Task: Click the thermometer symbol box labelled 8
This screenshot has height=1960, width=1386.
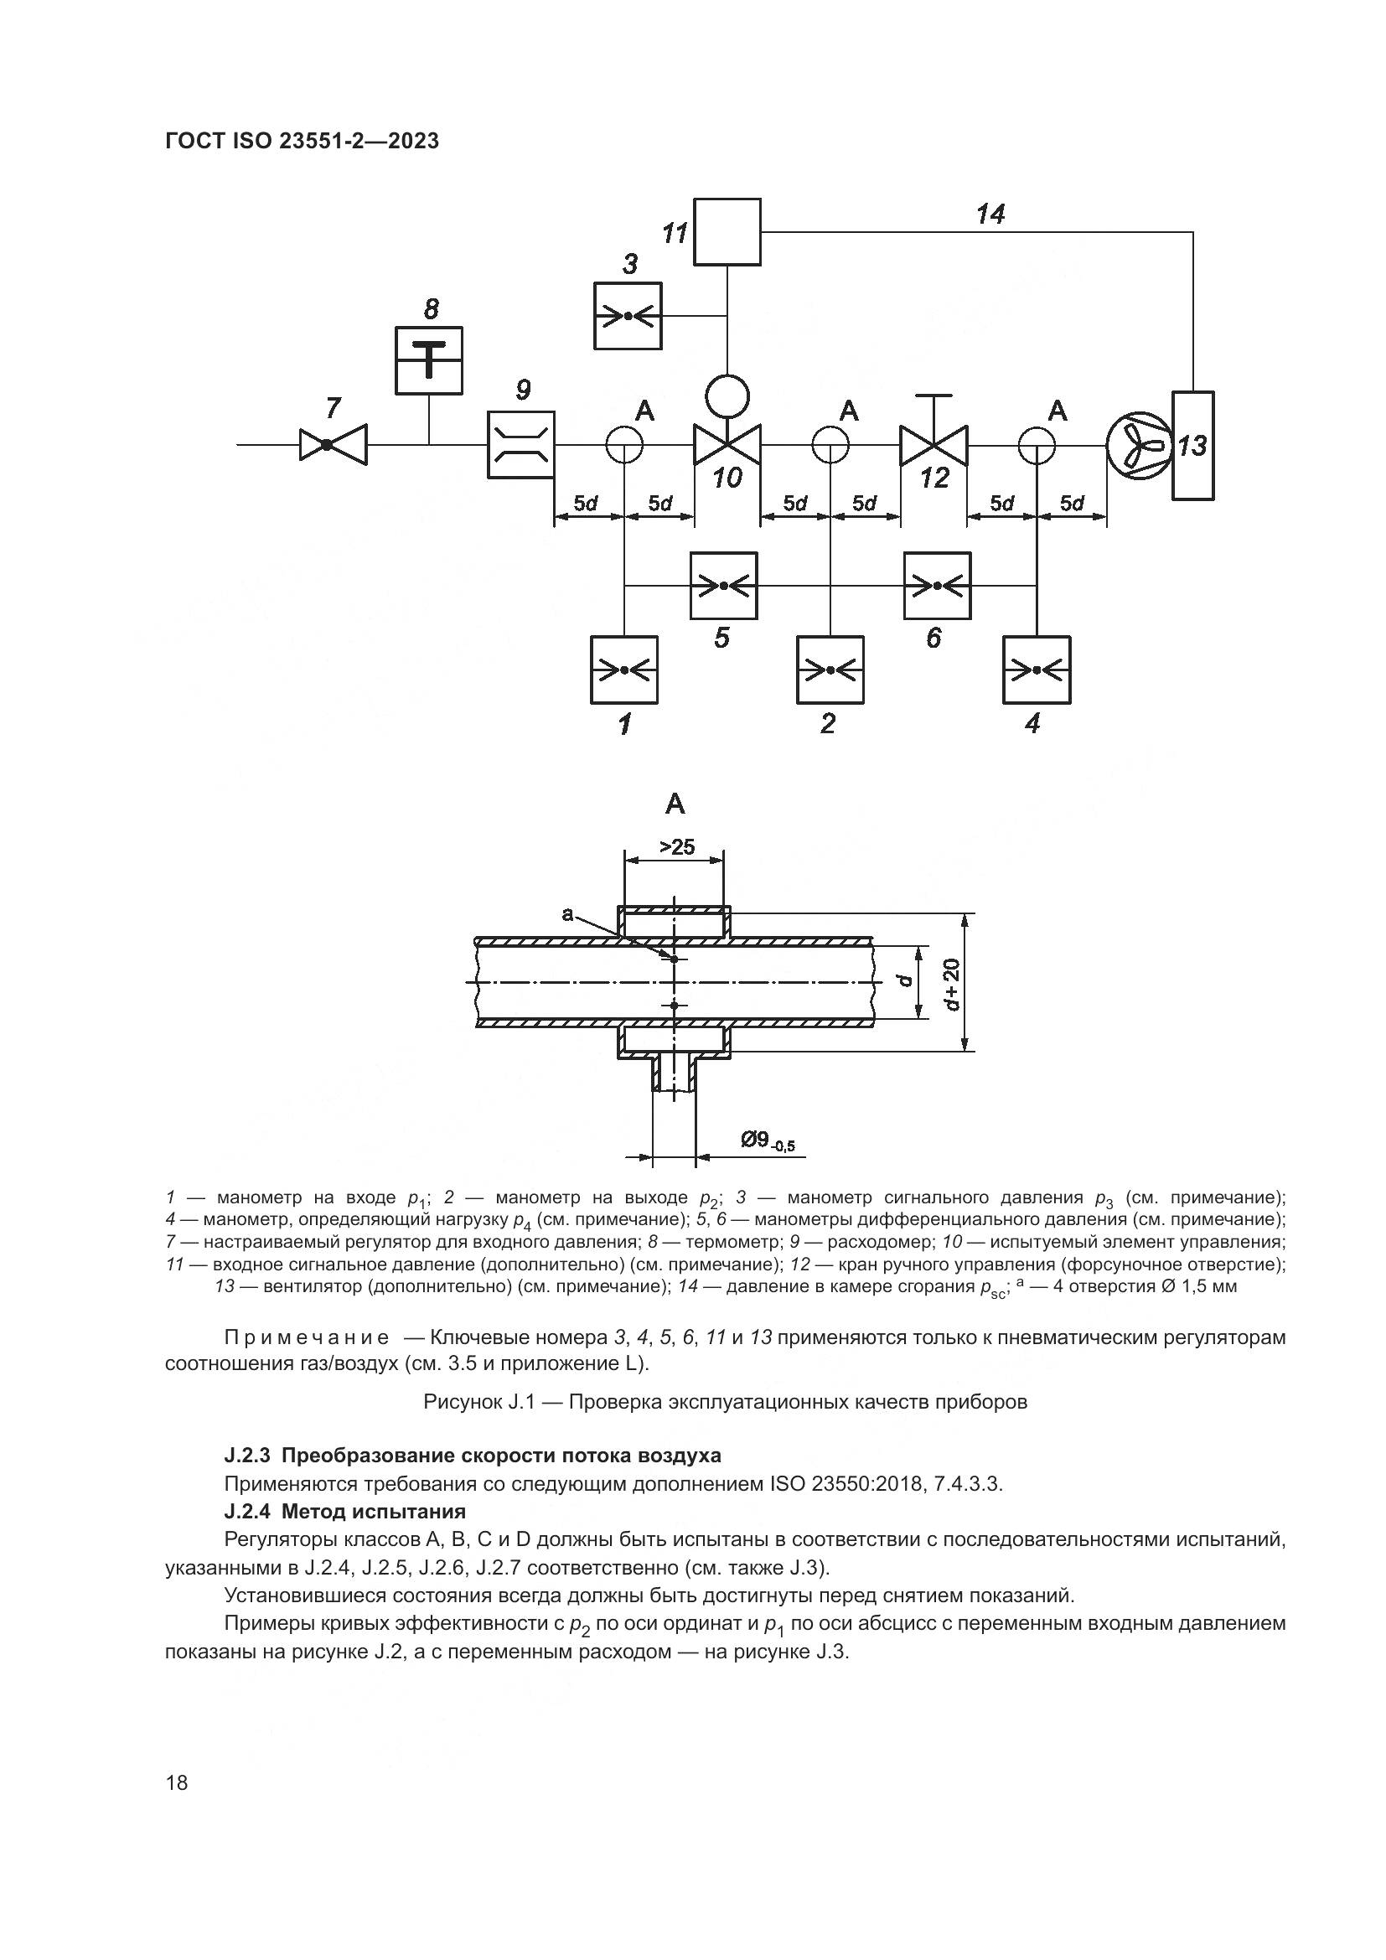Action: pyautogui.click(x=428, y=360)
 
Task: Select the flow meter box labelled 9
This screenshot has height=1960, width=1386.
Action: pyautogui.click(x=520, y=445)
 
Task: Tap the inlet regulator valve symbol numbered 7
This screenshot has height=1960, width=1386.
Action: pyautogui.click(x=333, y=445)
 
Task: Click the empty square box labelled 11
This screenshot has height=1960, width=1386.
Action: pyautogui.click(x=727, y=231)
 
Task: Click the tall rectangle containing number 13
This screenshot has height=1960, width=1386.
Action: pyautogui.click(x=1192, y=445)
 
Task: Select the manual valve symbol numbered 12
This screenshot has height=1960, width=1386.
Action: pyautogui.click(x=933, y=445)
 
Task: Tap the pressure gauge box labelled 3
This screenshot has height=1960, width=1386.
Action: pyautogui.click(x=628, y=316)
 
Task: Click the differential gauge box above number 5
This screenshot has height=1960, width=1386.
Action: pyautogui.click(x=723, y=586)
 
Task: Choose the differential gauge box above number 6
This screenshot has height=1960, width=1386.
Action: pyautogui.click(x=937, y=586)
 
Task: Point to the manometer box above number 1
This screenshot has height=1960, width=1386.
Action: pyautogui.click(x=624, y=670)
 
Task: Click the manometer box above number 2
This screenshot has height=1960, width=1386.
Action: pyautogui.click(x=830, y=670)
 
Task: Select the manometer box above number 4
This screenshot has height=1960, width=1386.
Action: pyautogui.click(x=1036, y=670)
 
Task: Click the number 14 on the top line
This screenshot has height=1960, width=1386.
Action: pyautogui.click(x=990, y=215)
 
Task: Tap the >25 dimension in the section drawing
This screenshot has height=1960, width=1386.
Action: pyautogui.click(x=677, y=847)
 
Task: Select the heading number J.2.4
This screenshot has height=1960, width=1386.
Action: pyautogui.click(x=246, y=1512)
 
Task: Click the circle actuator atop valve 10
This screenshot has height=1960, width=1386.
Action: pyautogui.click(x=727, y=396)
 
